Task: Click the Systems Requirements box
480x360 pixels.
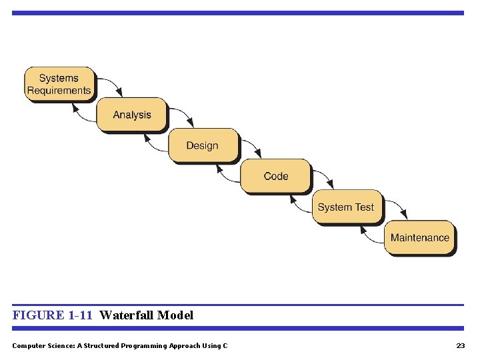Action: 59,84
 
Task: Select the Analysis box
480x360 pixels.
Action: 132,115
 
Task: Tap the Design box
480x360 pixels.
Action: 202,145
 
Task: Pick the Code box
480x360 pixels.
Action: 275,176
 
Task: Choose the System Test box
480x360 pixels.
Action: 346,207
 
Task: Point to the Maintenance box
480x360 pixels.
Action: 419,237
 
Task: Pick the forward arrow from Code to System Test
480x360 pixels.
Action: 326,176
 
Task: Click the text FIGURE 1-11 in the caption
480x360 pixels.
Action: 52,315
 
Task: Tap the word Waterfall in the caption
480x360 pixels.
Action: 127,315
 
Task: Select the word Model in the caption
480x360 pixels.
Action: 175,315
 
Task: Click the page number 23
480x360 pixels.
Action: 460,345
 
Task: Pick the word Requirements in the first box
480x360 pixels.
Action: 59,91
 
